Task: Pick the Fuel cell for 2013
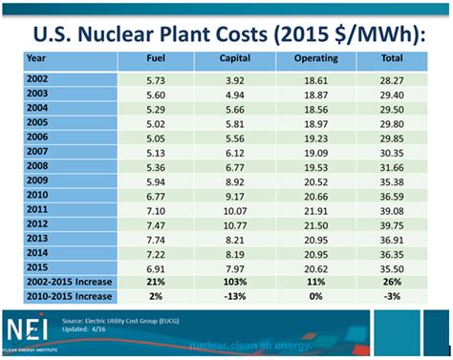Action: point(155,239)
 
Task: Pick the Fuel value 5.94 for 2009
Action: point(155,178)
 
